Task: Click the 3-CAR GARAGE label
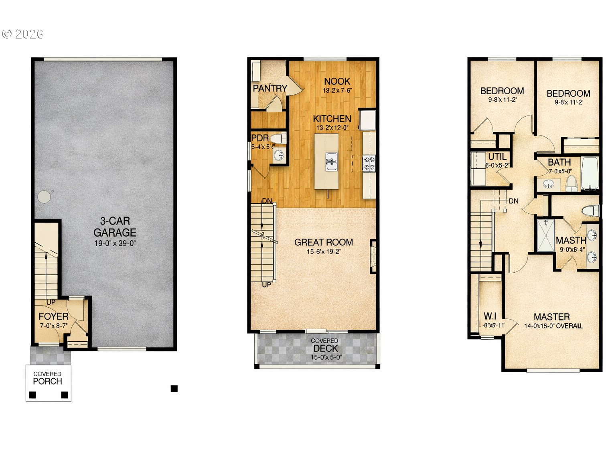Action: point(115,227)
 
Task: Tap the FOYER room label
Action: point(53,316)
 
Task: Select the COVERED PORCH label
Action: point(48,378)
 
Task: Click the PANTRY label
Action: point(270,88)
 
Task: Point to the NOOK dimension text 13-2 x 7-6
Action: point(337,91)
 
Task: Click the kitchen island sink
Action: point(331,161)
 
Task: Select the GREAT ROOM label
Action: point(324,242)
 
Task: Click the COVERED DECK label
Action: point(325,346)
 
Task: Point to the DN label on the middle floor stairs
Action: point(267,201)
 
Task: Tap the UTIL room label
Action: point(497,157)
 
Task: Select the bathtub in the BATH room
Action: point(590,173)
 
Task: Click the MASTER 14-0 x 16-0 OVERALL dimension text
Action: point(553,326)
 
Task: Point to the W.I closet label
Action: point(490,316)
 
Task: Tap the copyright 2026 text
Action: point(23,34)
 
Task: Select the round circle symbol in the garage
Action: point(44,197)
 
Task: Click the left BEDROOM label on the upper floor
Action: point(502,91)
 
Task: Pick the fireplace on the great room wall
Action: point(373,256)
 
